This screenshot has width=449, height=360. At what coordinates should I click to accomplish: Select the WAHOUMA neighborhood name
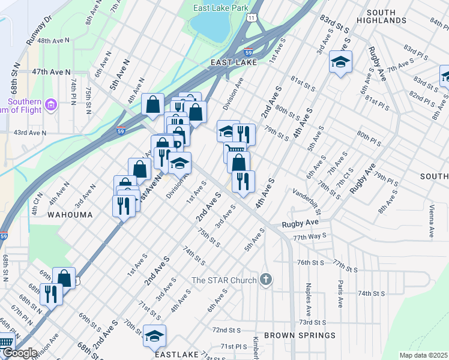pyautogui.click(x=70, y=214)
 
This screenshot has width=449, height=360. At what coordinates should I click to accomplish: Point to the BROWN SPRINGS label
pyautogui.click(x=300, y=335)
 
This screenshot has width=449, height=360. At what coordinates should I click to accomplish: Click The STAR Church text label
pyautogui.click(x=225, y=280)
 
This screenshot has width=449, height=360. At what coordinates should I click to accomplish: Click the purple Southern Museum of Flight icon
pyautogui.click(x=50, y=106)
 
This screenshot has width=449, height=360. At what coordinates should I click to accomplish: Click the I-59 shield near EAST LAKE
pyautogui.click(x=249, y=53)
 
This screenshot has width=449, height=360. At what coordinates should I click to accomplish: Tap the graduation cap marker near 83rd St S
pyautogui.click(x=340, y=62)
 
